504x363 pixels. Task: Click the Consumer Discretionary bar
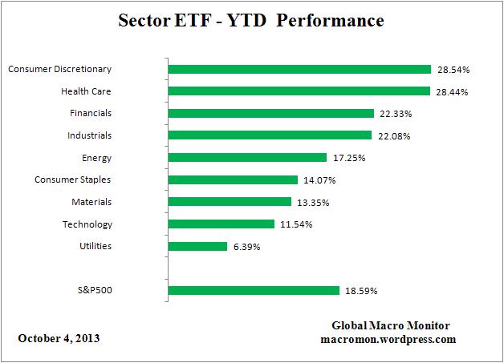[x=299, y=69]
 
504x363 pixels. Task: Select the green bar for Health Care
[x=299, y=91]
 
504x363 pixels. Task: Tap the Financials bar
[x=271, y=113]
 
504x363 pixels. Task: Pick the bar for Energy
[x=248, y=158]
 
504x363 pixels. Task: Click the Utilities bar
[x=198, y=246]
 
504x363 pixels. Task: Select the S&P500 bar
[x=254, y=290]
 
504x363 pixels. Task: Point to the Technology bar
[x=222, y=224]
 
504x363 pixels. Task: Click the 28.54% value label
[x=453, y=71]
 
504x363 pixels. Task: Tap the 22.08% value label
[x=394, y=136]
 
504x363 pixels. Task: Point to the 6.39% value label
[x=246, y=248]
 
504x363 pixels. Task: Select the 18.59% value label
[x=362, y=291]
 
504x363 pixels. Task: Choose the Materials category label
[x=91, y=202]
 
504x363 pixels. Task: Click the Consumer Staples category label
[x=73, y=179]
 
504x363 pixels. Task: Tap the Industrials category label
[x=90, y=135]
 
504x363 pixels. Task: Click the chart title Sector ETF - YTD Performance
[x=251, y=19]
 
